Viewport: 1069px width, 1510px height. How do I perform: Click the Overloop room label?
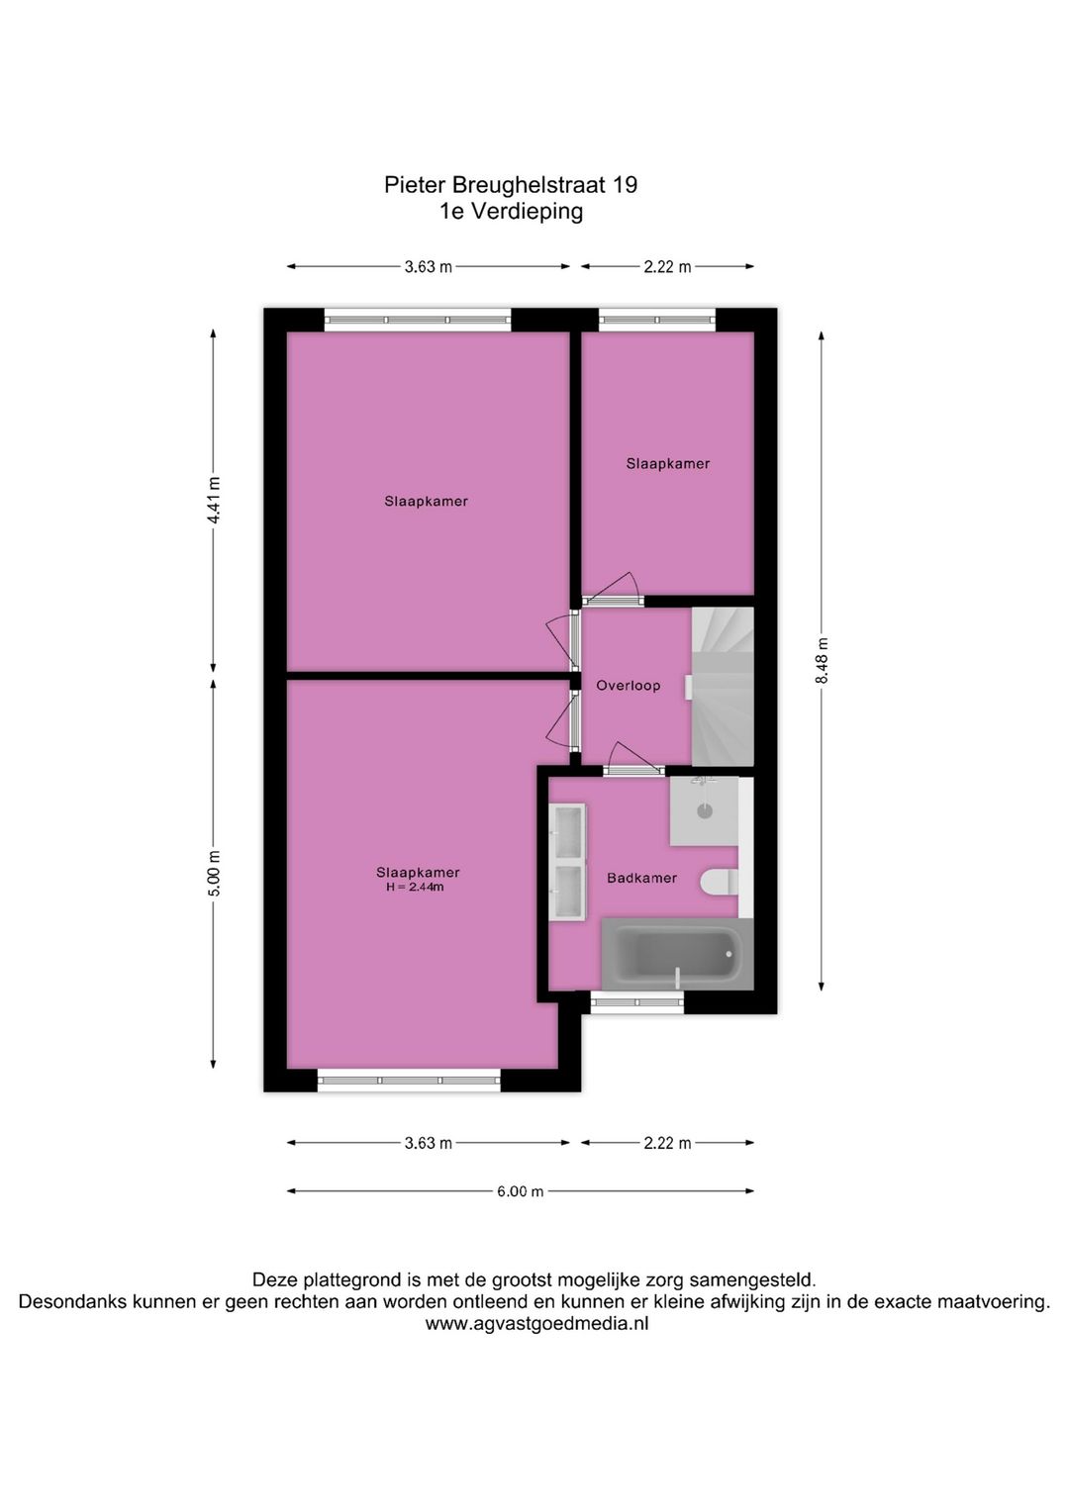[628, 685]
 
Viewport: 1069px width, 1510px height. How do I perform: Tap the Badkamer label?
[641, 878]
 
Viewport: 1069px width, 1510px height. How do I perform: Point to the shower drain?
[704, 811]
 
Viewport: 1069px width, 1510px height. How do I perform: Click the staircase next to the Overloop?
[723, 686]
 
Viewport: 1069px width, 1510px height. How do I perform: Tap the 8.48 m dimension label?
[822, 660]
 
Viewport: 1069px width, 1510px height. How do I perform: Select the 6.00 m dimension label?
[520, 1191]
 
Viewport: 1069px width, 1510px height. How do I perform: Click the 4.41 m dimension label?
[214, 502]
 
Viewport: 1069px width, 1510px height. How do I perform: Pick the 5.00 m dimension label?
[214, 874]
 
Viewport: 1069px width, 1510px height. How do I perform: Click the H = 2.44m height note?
[415, 888]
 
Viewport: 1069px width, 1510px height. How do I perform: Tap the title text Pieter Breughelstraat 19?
[511, 185]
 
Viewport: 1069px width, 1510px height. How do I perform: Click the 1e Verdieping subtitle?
[511, 211]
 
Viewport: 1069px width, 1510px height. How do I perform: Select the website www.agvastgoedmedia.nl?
[536, 1324]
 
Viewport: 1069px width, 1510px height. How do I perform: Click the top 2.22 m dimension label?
[667, 266]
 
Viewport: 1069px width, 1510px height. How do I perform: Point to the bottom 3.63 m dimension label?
[428, 1143]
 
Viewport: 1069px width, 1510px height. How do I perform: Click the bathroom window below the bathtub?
[637, 1002]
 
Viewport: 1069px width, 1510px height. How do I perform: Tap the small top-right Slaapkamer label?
[667, 463]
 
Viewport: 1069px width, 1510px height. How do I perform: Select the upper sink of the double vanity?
[568, 833]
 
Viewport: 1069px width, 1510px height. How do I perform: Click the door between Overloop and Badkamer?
[633, 770]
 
